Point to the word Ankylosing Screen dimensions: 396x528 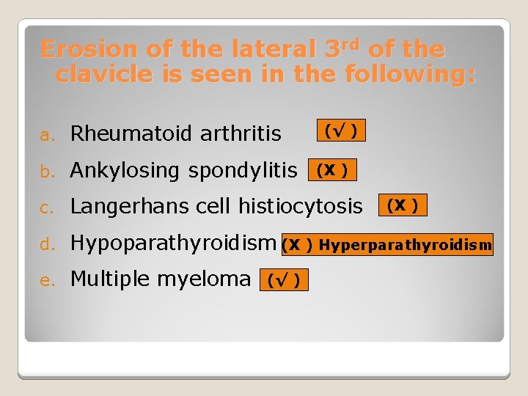pyautogui.click(x=125, y=170)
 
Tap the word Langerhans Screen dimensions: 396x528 pyautogui.click(x=130, y=207)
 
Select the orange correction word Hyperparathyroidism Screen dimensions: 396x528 pyautogui.click(x=405, y=245)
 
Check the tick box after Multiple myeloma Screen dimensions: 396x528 pyautogui.click(x=285, y=280)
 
